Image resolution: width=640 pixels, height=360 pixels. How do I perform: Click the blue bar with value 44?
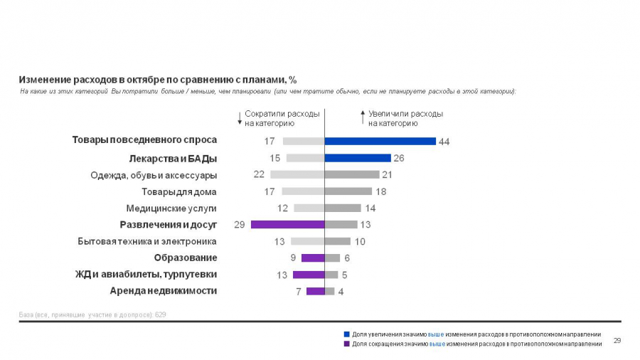point(380,141)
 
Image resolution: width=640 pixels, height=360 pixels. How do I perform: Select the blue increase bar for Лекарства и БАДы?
point(358,158)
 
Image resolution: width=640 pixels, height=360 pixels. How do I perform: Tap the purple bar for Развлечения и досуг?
point(287,225)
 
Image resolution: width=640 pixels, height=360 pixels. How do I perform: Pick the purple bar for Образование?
point(313,258)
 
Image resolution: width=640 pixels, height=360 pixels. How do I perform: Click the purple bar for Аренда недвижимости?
point(315,291)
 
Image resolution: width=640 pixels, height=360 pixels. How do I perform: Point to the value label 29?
point(239,225)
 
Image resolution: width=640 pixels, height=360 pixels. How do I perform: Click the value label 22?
point(258,174)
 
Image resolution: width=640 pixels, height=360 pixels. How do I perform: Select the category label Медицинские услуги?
point(171,208)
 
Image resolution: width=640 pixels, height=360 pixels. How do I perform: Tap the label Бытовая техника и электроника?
point(147,241)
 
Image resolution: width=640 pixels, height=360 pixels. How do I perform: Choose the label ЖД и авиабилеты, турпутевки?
point(146,274)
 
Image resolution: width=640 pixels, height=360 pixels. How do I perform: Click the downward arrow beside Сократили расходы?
point(239,117)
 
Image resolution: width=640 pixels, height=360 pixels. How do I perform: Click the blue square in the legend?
point(346,334)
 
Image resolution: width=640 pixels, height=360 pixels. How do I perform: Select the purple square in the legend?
point(346,344)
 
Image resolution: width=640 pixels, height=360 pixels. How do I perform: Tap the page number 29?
point(617,341)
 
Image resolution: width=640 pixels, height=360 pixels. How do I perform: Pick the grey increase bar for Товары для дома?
point(348,191)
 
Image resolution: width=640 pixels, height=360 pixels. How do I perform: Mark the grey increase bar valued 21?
point(352,174)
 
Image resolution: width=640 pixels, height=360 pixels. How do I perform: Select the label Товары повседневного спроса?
point(144,140)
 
